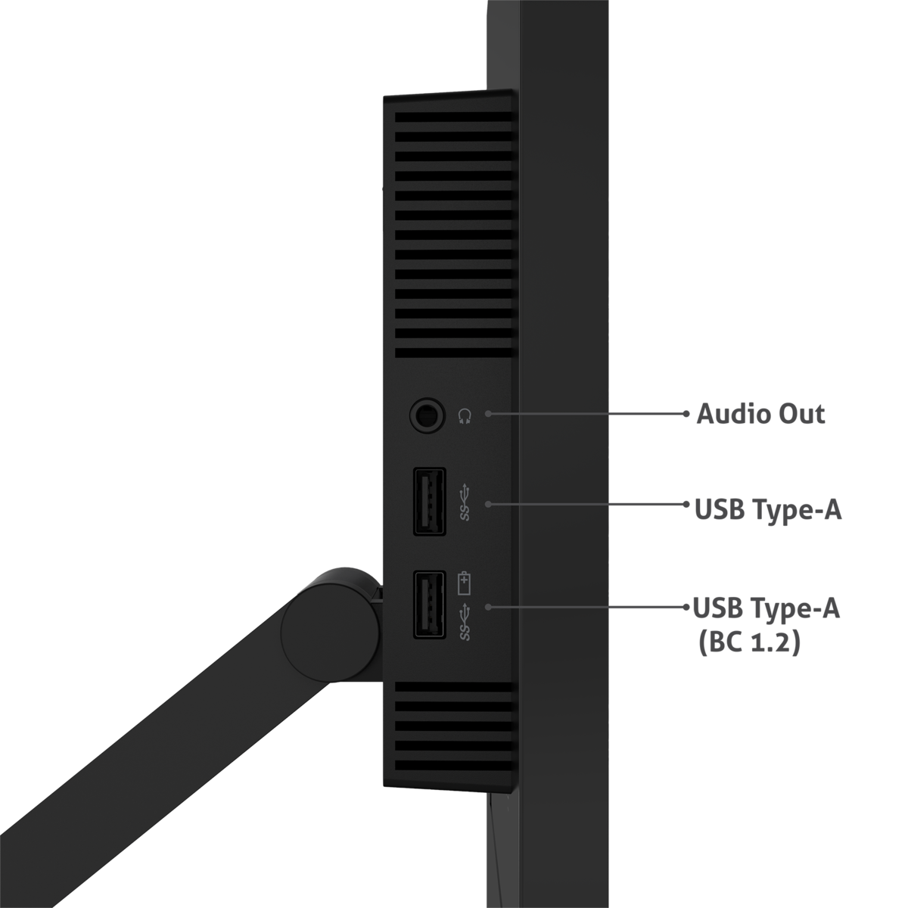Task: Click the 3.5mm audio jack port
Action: click(427, 415)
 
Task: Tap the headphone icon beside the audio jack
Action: click(465, 415)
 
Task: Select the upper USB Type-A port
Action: click(428, 502)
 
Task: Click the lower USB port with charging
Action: click(428, 605)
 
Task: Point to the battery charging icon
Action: click(465, 583)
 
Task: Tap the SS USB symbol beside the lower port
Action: click(465, 620)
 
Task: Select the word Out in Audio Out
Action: click(802, 415)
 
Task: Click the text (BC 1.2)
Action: click(748, 645)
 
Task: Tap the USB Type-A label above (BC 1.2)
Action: click(766, 609)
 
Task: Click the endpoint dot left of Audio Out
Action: click(687, 414)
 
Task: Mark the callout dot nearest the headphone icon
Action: click(489, 414)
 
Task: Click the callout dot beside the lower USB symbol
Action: click(489, 607)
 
